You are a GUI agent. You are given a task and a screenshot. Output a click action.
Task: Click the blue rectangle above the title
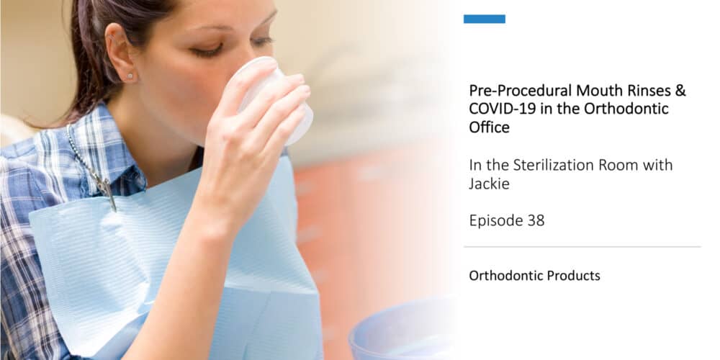point(484,19)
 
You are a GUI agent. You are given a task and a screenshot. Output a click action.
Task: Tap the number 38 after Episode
point(536,221)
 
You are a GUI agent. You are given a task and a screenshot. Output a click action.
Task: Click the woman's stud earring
point(130,76)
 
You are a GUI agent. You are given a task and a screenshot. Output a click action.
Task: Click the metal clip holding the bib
point(106,189)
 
